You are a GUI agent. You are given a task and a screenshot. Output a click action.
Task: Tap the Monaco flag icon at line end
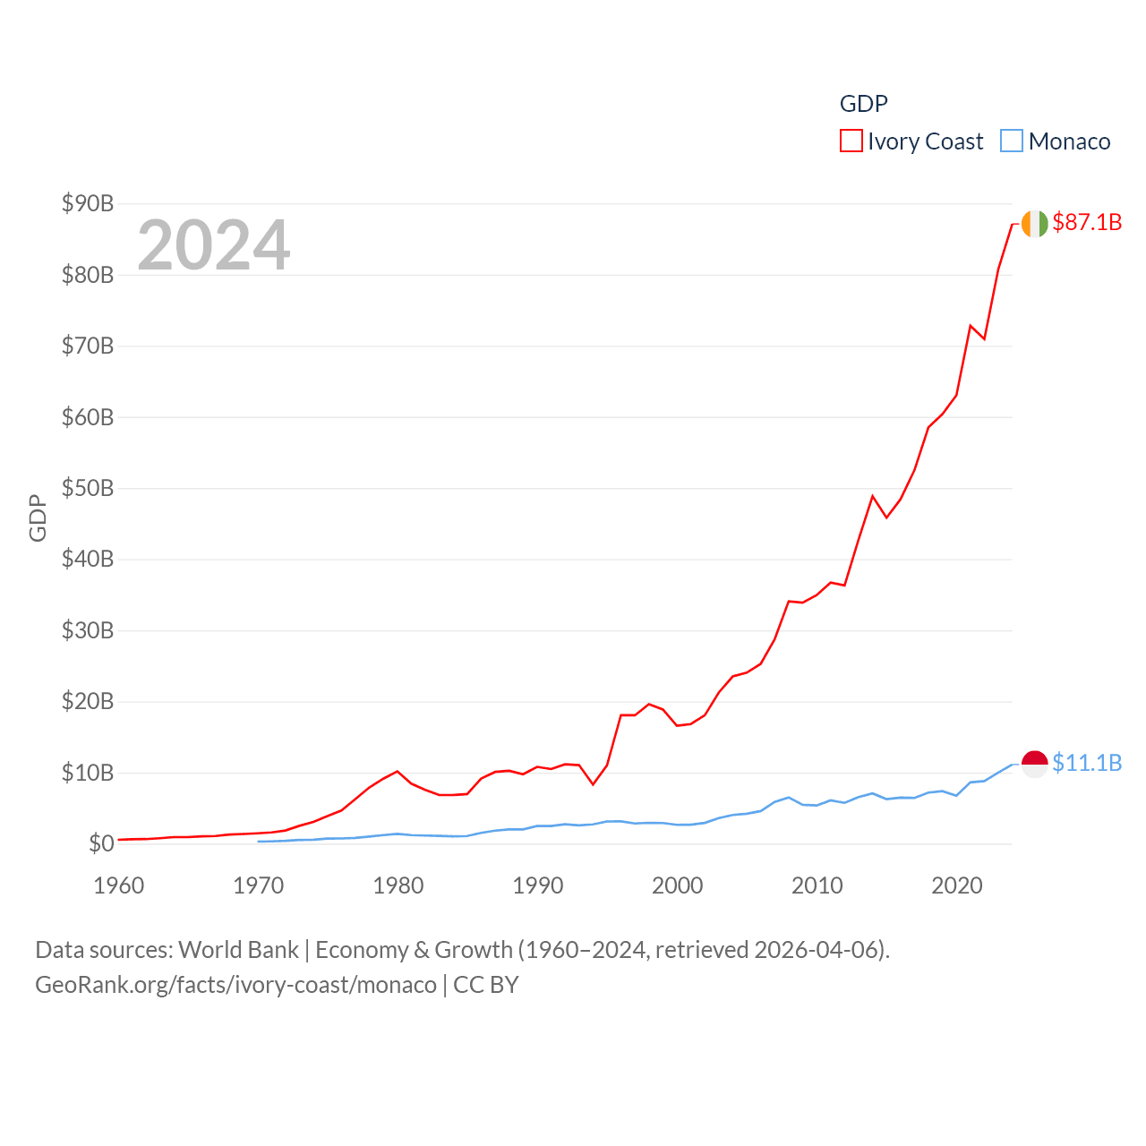(1034, 764)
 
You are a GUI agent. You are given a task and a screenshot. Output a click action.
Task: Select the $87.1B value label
(1087, 222)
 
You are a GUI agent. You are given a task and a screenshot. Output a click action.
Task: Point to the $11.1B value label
(1087, 763)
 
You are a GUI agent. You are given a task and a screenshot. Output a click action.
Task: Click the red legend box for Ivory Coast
(851, 141)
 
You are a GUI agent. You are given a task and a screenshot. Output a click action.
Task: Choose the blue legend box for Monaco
(1011, 141)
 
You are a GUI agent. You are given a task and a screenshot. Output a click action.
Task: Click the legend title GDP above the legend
(863, 104)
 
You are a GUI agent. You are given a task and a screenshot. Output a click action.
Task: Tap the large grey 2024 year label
(213, 244)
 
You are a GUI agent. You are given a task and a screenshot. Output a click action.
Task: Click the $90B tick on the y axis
(88, 203)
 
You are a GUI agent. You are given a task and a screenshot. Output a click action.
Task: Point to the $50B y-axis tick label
(88, 488)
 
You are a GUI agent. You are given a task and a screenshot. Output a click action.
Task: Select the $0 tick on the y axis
(101, 843)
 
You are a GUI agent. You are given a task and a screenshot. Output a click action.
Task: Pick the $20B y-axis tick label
(88, 701)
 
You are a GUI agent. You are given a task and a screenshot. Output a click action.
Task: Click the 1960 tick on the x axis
(119, 885)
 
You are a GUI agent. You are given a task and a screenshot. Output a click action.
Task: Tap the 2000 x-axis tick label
(678, 885)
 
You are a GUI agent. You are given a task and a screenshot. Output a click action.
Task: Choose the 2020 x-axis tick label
(957, 885)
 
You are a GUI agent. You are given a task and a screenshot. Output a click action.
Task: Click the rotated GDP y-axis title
(38, 517)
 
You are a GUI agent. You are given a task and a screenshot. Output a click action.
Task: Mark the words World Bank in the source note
(238, 949)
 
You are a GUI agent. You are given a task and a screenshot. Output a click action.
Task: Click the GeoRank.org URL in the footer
(235, 985)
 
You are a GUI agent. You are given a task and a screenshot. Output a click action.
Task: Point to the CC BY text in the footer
(486, 985)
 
